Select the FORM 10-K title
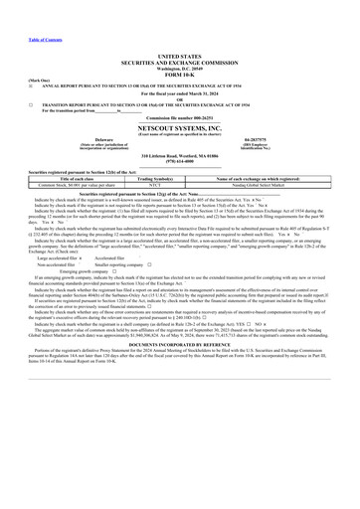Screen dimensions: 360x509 179,75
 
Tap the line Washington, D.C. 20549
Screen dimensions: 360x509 179,69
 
